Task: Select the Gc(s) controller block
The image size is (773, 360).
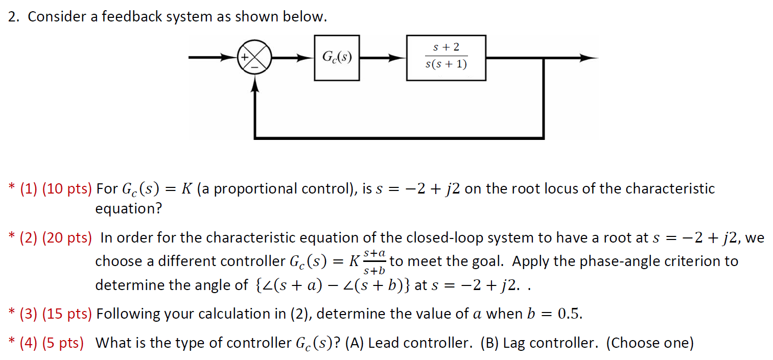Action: point(337,58)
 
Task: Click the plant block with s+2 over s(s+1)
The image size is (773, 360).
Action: point(446,57)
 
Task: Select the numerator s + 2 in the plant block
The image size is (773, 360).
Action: point(446,47)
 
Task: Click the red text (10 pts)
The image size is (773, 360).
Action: point(67,189)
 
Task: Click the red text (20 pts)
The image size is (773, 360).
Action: point(67,237)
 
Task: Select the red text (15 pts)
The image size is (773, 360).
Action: point(67,314)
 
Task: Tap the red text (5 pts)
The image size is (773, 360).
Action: point(63,343)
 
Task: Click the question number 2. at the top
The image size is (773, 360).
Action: point(14,17)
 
